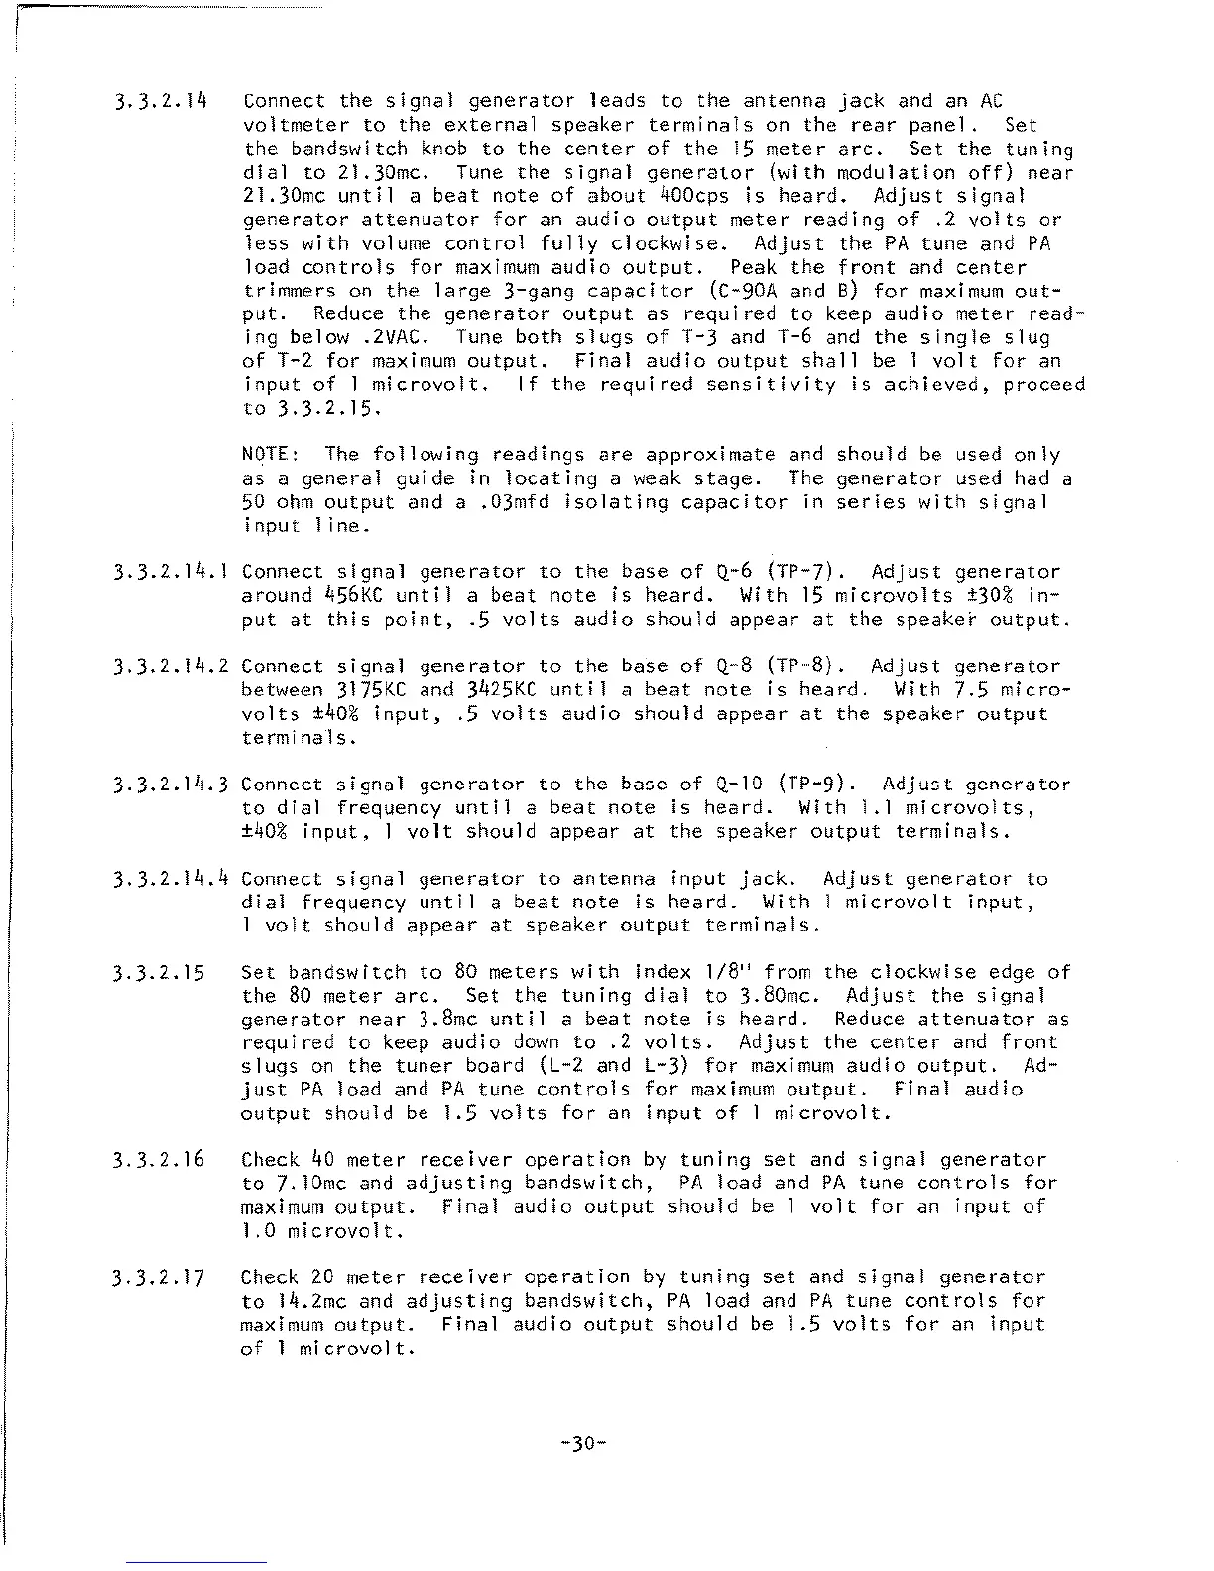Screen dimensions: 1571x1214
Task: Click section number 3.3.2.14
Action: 160,101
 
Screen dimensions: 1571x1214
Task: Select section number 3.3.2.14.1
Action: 172,572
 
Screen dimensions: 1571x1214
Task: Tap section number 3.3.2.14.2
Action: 172,666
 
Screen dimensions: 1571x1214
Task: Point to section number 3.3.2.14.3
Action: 172,785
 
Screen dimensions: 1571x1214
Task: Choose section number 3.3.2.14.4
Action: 172,879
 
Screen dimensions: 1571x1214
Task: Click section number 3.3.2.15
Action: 160,973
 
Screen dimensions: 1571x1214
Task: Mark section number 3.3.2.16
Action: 160,1160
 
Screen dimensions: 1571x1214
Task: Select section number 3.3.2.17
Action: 160,1278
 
